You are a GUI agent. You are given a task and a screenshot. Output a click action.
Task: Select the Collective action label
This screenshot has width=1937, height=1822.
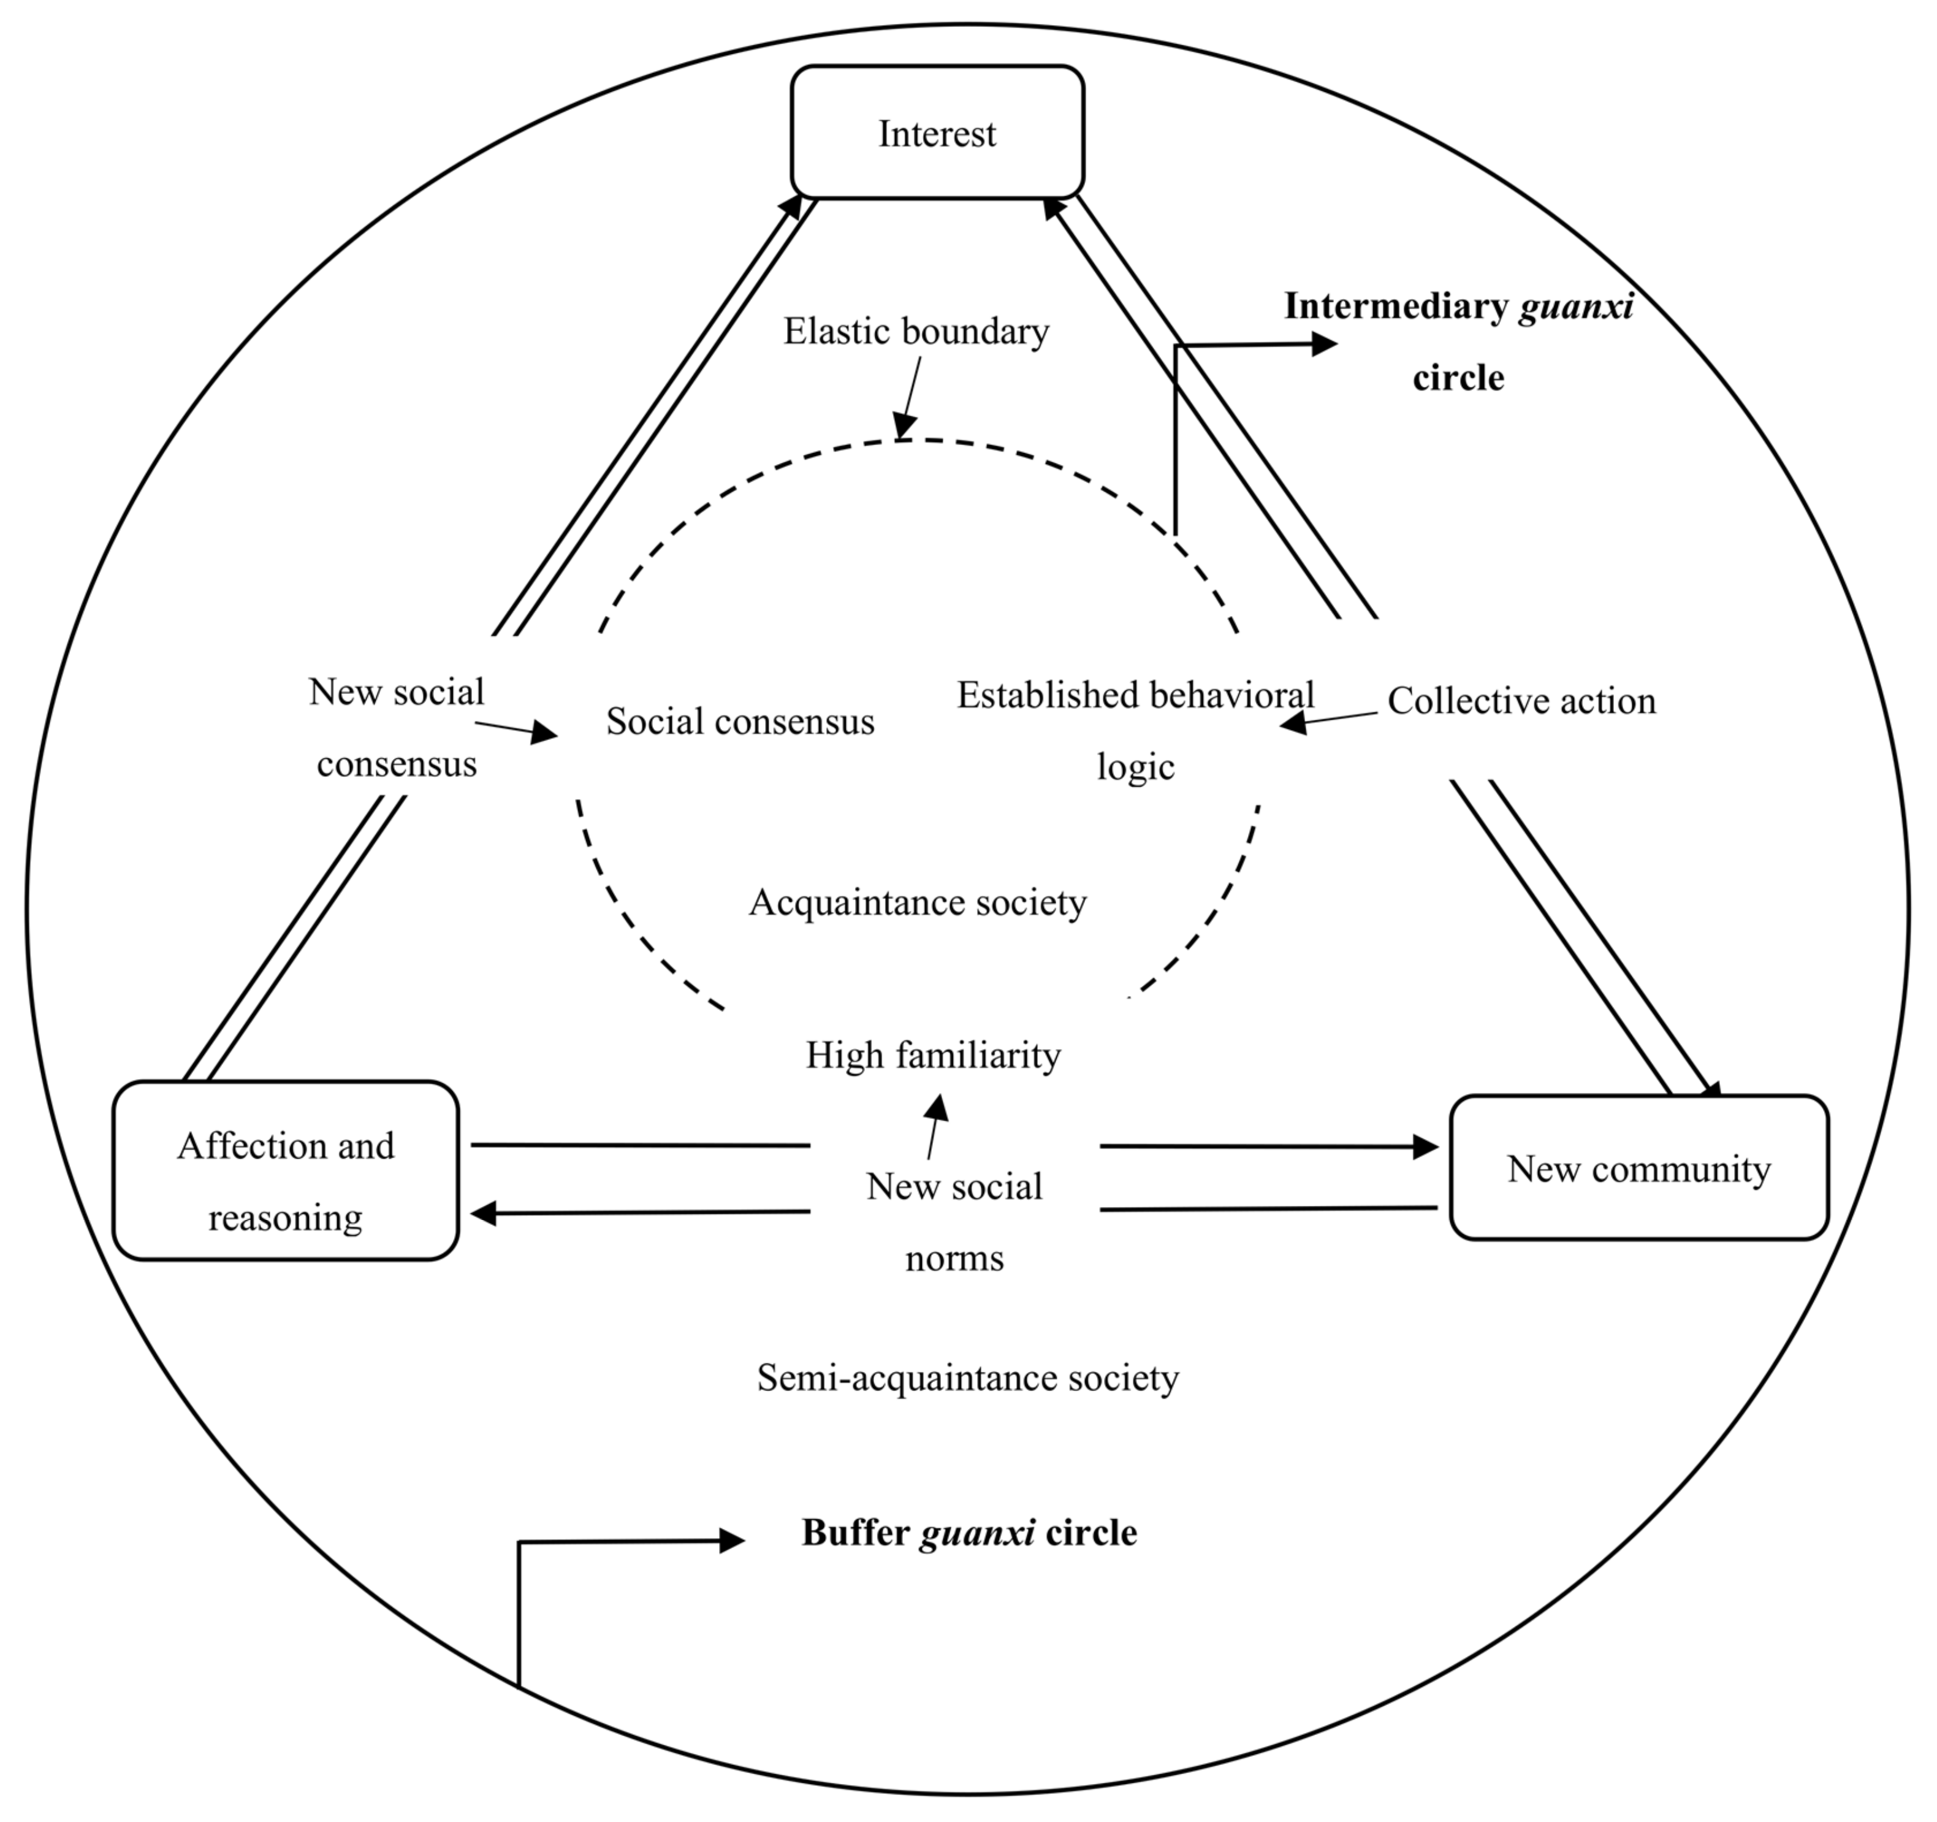1521,701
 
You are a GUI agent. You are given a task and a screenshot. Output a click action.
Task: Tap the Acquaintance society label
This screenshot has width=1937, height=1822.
917,903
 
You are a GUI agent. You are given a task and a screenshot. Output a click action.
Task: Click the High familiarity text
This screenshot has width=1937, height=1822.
932,1055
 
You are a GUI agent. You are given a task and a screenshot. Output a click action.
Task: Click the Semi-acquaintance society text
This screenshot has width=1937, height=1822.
967,1378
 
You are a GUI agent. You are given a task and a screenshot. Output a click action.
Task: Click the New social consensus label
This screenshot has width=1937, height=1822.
397,728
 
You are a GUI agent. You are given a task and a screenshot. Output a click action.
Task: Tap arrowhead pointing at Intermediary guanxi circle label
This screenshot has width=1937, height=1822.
1324,344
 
